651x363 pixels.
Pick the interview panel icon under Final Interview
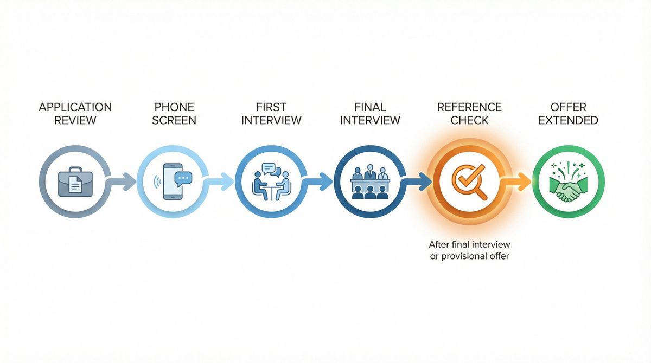click(x=370, y=181)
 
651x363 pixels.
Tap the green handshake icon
click(x=567, y=181)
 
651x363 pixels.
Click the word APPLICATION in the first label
click(x=75, y=107)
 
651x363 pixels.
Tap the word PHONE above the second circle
click(x=174, y=107)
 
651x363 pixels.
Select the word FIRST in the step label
click(x=271, y=107)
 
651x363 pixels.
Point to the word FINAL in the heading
click(x=370, y=107)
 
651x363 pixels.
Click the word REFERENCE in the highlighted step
click(x=469, y=107)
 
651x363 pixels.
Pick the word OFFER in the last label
click(x=568, y=107)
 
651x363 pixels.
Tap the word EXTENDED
click(x=568, y=120)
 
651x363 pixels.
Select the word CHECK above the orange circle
click(x=469, y=120)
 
